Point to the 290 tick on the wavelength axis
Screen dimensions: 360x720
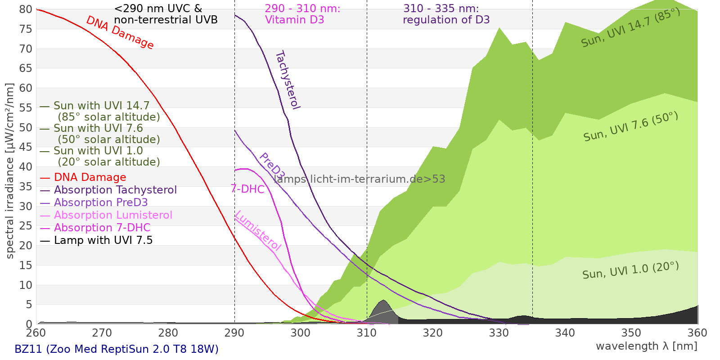click(234, 333)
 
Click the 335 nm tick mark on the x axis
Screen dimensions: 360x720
click(532, 324)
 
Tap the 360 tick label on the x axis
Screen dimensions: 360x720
click(697, 333)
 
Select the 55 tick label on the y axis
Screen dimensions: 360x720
click(26, 108)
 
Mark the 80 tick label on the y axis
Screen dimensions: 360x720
click(26, 9)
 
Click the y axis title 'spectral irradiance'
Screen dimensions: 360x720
click(10, 171)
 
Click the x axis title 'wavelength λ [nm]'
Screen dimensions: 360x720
click(646, 346)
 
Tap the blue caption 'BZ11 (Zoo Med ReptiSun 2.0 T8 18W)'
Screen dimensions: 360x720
click(117, 349)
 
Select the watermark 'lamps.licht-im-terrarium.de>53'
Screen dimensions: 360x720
click(359, 179)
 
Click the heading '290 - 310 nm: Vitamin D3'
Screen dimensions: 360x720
click(302, 14)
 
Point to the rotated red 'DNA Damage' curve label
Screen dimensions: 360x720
click(120, 32)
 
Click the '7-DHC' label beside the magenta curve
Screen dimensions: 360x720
click(247, 189)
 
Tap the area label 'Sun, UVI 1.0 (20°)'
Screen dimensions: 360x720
click(630, 270)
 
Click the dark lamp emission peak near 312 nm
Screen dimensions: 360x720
click(383, 306)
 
